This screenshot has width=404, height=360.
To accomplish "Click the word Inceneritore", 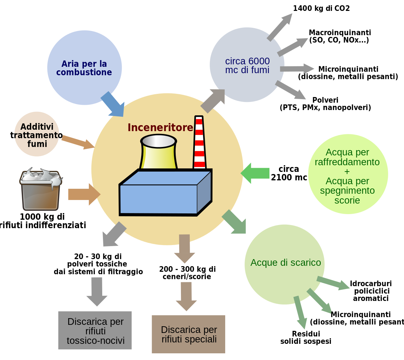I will [x=160, y=127].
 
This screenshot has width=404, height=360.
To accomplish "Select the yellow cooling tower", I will [x=158, y=155].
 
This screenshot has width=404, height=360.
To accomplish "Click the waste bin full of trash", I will [x=40, y=190].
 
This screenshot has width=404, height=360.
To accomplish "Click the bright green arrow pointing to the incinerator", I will [x=255, y=173].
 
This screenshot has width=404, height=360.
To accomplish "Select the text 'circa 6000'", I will [x=247, y=61].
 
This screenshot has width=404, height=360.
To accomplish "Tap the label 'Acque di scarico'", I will [x=286, y=263].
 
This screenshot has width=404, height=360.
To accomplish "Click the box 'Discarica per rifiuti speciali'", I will [x=189, y=334].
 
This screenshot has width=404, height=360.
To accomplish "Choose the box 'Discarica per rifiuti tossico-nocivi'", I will [x=95, y=330].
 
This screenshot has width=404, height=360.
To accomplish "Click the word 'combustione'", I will [x=84, y=73].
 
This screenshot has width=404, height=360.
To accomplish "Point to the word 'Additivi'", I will [x=37, y=127].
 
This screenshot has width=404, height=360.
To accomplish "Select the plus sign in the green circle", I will [x=347, y=172].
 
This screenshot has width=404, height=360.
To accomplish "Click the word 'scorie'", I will [x=347, y=200].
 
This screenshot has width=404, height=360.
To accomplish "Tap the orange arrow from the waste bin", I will [x=84, y=194].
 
